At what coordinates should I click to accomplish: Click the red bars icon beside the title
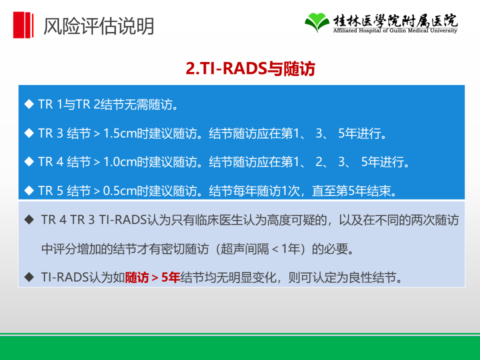tap(23, 25)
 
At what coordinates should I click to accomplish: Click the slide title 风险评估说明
tap(98, 26)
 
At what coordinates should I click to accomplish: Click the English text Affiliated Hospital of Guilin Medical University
tap(395, 30)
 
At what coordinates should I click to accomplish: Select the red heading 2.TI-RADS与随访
tap(250, 68)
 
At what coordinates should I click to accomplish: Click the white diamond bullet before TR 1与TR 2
tap(29, 104)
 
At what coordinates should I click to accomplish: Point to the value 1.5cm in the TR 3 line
tap(120, 133)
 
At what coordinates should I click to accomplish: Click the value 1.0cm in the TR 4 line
tap(120, 162)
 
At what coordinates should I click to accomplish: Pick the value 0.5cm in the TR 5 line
tap(120, 190)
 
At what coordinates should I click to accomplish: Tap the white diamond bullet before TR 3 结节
tap(29, 133)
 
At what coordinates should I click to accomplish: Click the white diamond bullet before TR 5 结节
tap(29, 190)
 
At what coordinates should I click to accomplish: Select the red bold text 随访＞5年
tap(152, 277)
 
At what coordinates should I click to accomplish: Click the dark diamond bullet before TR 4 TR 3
tap(29, 219)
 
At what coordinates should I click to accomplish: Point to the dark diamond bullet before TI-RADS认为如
tap(29, 277)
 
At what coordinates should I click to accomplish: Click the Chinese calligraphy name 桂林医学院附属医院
tap(395, 20)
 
